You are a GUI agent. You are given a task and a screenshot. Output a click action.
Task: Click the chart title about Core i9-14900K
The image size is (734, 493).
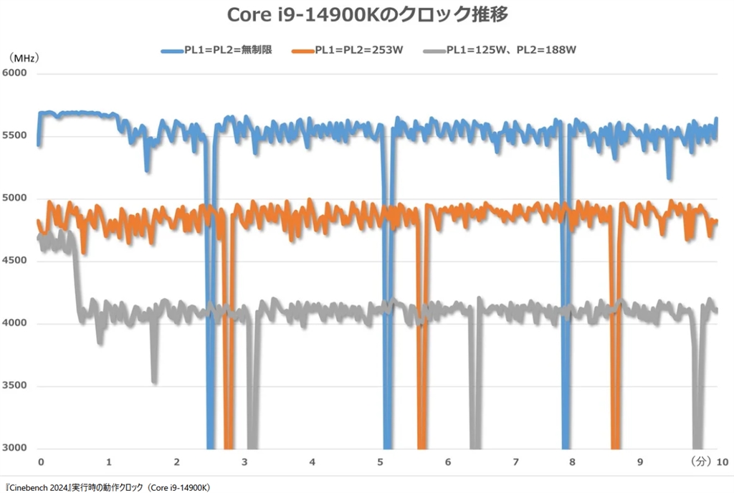367,15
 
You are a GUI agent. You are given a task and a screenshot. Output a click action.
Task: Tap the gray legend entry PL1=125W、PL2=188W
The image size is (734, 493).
501,50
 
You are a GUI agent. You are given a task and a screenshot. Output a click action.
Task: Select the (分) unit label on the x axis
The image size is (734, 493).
701,462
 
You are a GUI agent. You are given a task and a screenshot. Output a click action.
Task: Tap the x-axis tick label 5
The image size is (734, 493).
380,462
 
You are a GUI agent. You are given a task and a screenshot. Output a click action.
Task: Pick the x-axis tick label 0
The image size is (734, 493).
41,462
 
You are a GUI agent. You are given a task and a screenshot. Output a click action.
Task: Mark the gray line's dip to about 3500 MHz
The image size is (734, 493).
154,380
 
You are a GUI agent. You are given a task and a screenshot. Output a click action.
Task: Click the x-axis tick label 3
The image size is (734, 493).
244,462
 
